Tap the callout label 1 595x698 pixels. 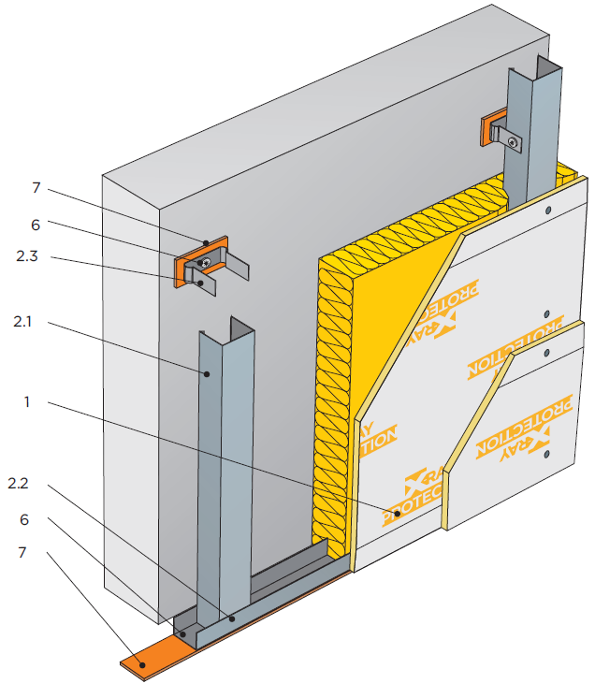coord(27,402)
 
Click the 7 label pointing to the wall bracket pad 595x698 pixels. coord(36,188)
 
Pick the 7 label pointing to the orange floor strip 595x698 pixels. coord(36,552)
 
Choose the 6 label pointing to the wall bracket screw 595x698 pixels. coord(36,224)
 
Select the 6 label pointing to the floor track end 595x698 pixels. coord(36,517)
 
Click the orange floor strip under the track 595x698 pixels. coord(150,661)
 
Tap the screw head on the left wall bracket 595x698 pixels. coord(205,264)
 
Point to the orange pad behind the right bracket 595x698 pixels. coord(487,131)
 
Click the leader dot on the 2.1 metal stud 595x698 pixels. coord(208,372)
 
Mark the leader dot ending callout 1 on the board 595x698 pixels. coord(385,510)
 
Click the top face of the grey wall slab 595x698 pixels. coord(318,94)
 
